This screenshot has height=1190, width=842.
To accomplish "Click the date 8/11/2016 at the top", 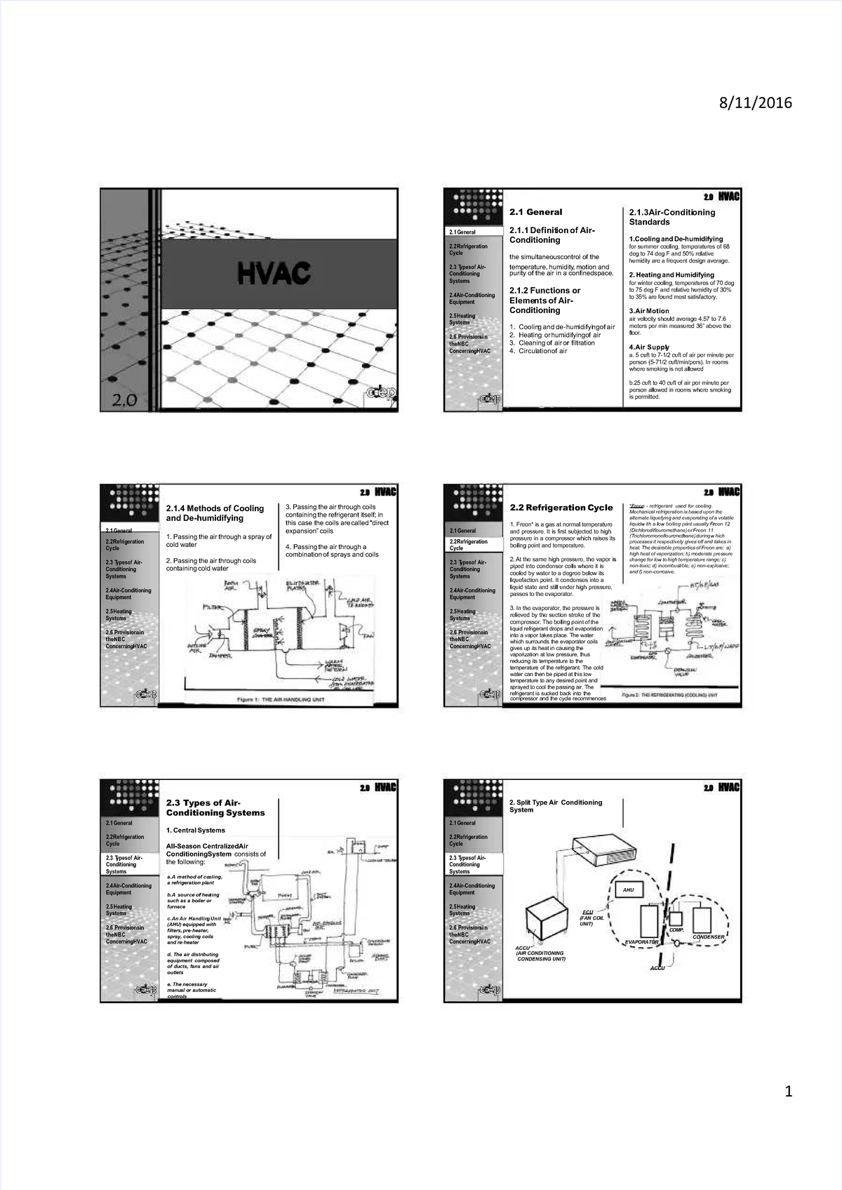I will [754, 103].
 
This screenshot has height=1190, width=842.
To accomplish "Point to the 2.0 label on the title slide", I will [126, 401].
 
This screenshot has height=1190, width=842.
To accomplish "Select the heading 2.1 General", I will [536, 211].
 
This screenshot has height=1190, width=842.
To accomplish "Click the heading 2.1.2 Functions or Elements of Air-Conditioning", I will [544, 300].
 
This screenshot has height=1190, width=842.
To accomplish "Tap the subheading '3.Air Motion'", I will [649, 310].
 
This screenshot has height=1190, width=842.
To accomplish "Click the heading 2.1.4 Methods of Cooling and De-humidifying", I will [215, 513].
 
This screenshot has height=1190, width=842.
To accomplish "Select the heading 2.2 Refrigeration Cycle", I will [561, 508].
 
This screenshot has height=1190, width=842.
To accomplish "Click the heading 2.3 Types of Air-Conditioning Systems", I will [215, 807].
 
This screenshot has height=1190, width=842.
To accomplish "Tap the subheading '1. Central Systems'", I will [196, 830].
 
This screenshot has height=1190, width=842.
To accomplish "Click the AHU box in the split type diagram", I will [629, 890].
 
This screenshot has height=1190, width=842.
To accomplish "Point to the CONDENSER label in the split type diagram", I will [708, 937].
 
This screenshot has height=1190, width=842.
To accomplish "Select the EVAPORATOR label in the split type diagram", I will [641, 941].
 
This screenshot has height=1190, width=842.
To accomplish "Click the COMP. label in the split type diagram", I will [676, 930].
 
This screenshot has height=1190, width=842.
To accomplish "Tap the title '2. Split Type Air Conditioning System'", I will [556, 806].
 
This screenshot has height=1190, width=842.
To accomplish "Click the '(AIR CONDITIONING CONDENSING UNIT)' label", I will [540, 956].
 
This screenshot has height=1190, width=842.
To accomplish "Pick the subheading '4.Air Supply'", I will [649, 347].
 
